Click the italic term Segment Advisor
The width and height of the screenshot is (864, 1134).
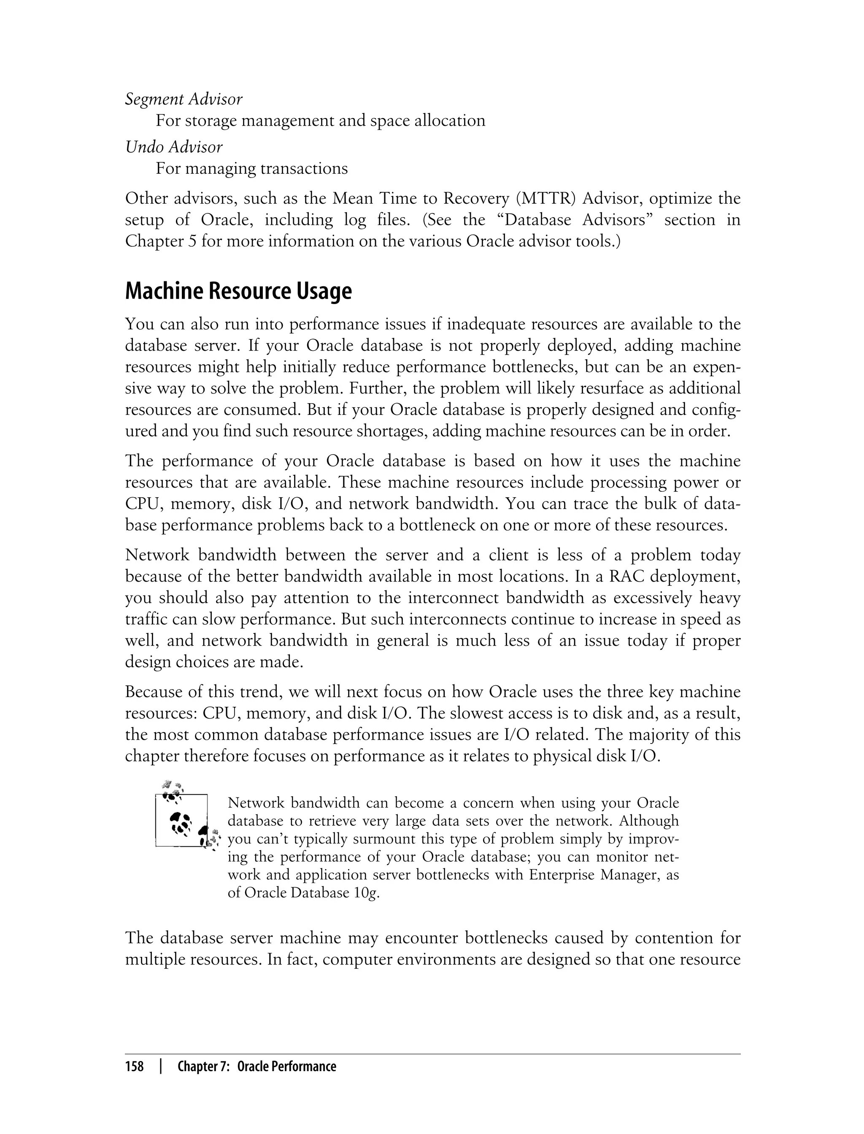click(x=184, y=99)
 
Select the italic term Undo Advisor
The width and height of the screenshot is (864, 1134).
click(x=174, y=147)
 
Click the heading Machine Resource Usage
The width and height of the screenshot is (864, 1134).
click(x=238, y=291)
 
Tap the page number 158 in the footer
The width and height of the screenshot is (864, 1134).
click(x=134, y=1067)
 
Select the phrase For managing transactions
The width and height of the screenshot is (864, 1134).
click(x=251, y=169)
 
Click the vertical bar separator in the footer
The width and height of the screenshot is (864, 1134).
click(x=161, y=1067)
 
